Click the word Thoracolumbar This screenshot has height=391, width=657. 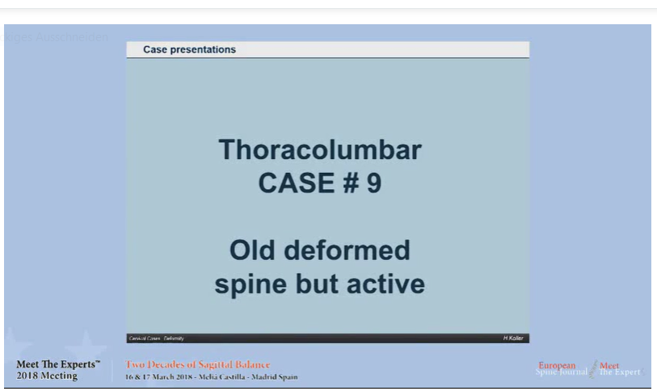pos(319,150)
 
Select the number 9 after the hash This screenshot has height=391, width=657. pos(373,183)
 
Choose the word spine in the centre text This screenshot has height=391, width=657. pos(249,284)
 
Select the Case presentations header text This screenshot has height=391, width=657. pos(189,50)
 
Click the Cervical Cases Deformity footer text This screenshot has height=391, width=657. pos(156,338)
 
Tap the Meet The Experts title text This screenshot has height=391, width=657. pos(58,364)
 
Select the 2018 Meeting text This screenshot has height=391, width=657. pos(47,376)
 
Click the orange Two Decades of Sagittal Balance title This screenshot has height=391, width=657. pos(198,364)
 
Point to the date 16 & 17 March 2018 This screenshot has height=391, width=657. pos(158,377)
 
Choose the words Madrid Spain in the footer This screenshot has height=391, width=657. pos(276,377)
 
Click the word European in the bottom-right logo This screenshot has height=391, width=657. pos(558,365)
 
